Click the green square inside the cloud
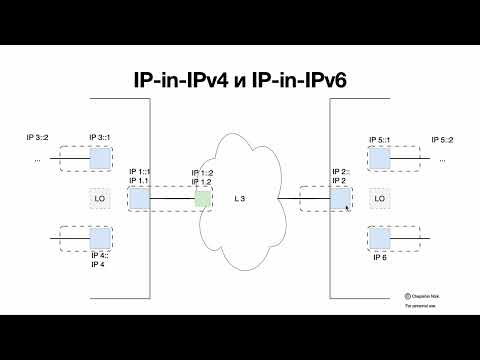203,198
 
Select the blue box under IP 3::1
99,158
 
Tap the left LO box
99,198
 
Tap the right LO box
379,198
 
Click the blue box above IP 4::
99,239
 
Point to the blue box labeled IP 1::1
139,198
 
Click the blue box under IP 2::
340,198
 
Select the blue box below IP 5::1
379,158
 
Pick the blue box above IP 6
379,239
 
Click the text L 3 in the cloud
240,200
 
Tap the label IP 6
379,258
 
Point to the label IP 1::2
202,173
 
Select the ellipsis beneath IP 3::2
38,159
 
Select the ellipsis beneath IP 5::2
441,159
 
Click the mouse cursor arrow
348,206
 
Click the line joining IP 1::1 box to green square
172,198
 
